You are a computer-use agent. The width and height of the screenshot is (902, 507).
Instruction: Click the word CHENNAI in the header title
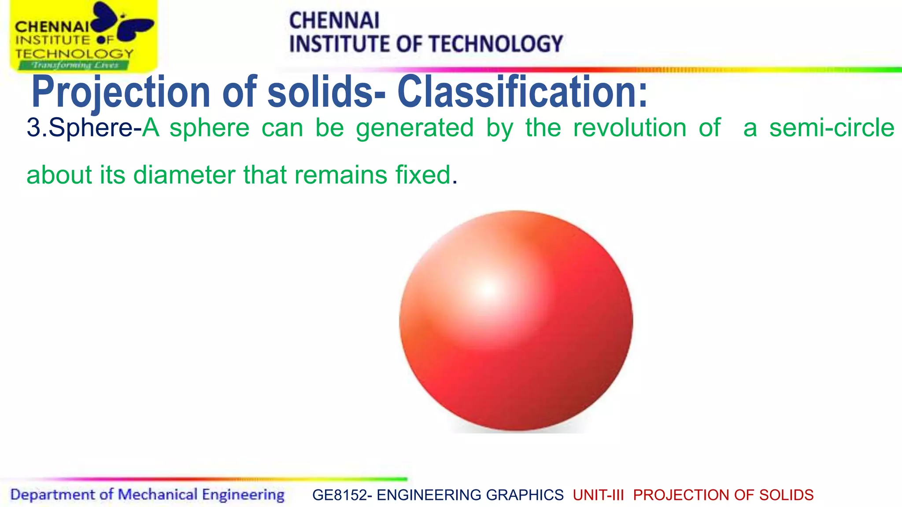tap(334, 21)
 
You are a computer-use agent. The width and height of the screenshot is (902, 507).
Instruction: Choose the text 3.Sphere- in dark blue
tap(84, 128)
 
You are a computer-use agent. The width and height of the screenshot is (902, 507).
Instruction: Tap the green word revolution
tap(630, 128)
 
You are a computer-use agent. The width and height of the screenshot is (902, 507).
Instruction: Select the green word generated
tap(414, 128)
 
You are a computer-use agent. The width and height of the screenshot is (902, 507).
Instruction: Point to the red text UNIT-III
tap(598, 495)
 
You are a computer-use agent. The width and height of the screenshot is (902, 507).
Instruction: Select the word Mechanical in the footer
tap(158, 495)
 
